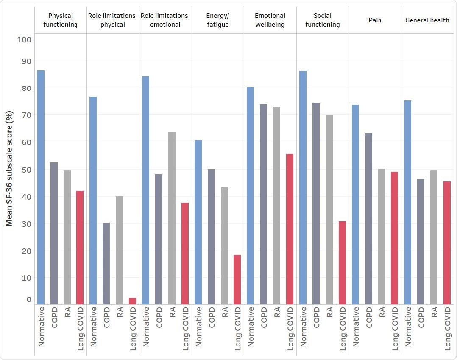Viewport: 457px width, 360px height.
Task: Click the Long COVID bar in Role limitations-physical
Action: click(x=132, y=301)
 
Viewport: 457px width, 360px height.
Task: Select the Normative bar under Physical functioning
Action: click(x=41, y=187)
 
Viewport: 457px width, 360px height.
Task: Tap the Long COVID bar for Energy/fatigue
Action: click(x=237, y=279)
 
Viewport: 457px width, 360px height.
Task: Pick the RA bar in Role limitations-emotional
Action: click(x=172, y=218)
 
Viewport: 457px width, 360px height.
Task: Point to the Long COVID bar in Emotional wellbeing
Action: click(x=290, y=229)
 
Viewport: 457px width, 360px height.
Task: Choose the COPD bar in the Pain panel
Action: click(x=368, y=218)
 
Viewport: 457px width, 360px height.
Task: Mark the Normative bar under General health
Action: click(x=407, y=202)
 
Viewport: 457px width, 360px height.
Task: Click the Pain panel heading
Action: click(x=375, y=20)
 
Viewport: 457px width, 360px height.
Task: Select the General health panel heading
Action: click(x=427, y=20)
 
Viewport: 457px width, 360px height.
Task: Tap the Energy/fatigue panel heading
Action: click(x=217, y=20)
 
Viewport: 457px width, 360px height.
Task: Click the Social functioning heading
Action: click(x=322, y=20)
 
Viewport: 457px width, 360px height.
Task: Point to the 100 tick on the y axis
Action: click(x=24, y=39)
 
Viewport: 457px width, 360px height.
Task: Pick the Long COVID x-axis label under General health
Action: click(x=447, y=329)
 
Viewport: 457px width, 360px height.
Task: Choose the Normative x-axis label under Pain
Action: click(x=356, y=327)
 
